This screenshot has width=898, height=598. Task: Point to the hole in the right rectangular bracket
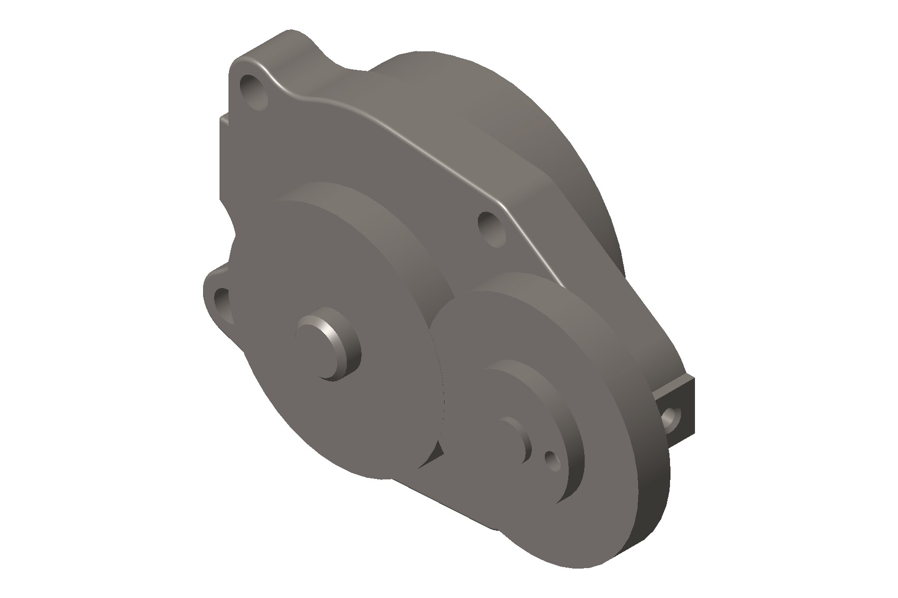(672, 418)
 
